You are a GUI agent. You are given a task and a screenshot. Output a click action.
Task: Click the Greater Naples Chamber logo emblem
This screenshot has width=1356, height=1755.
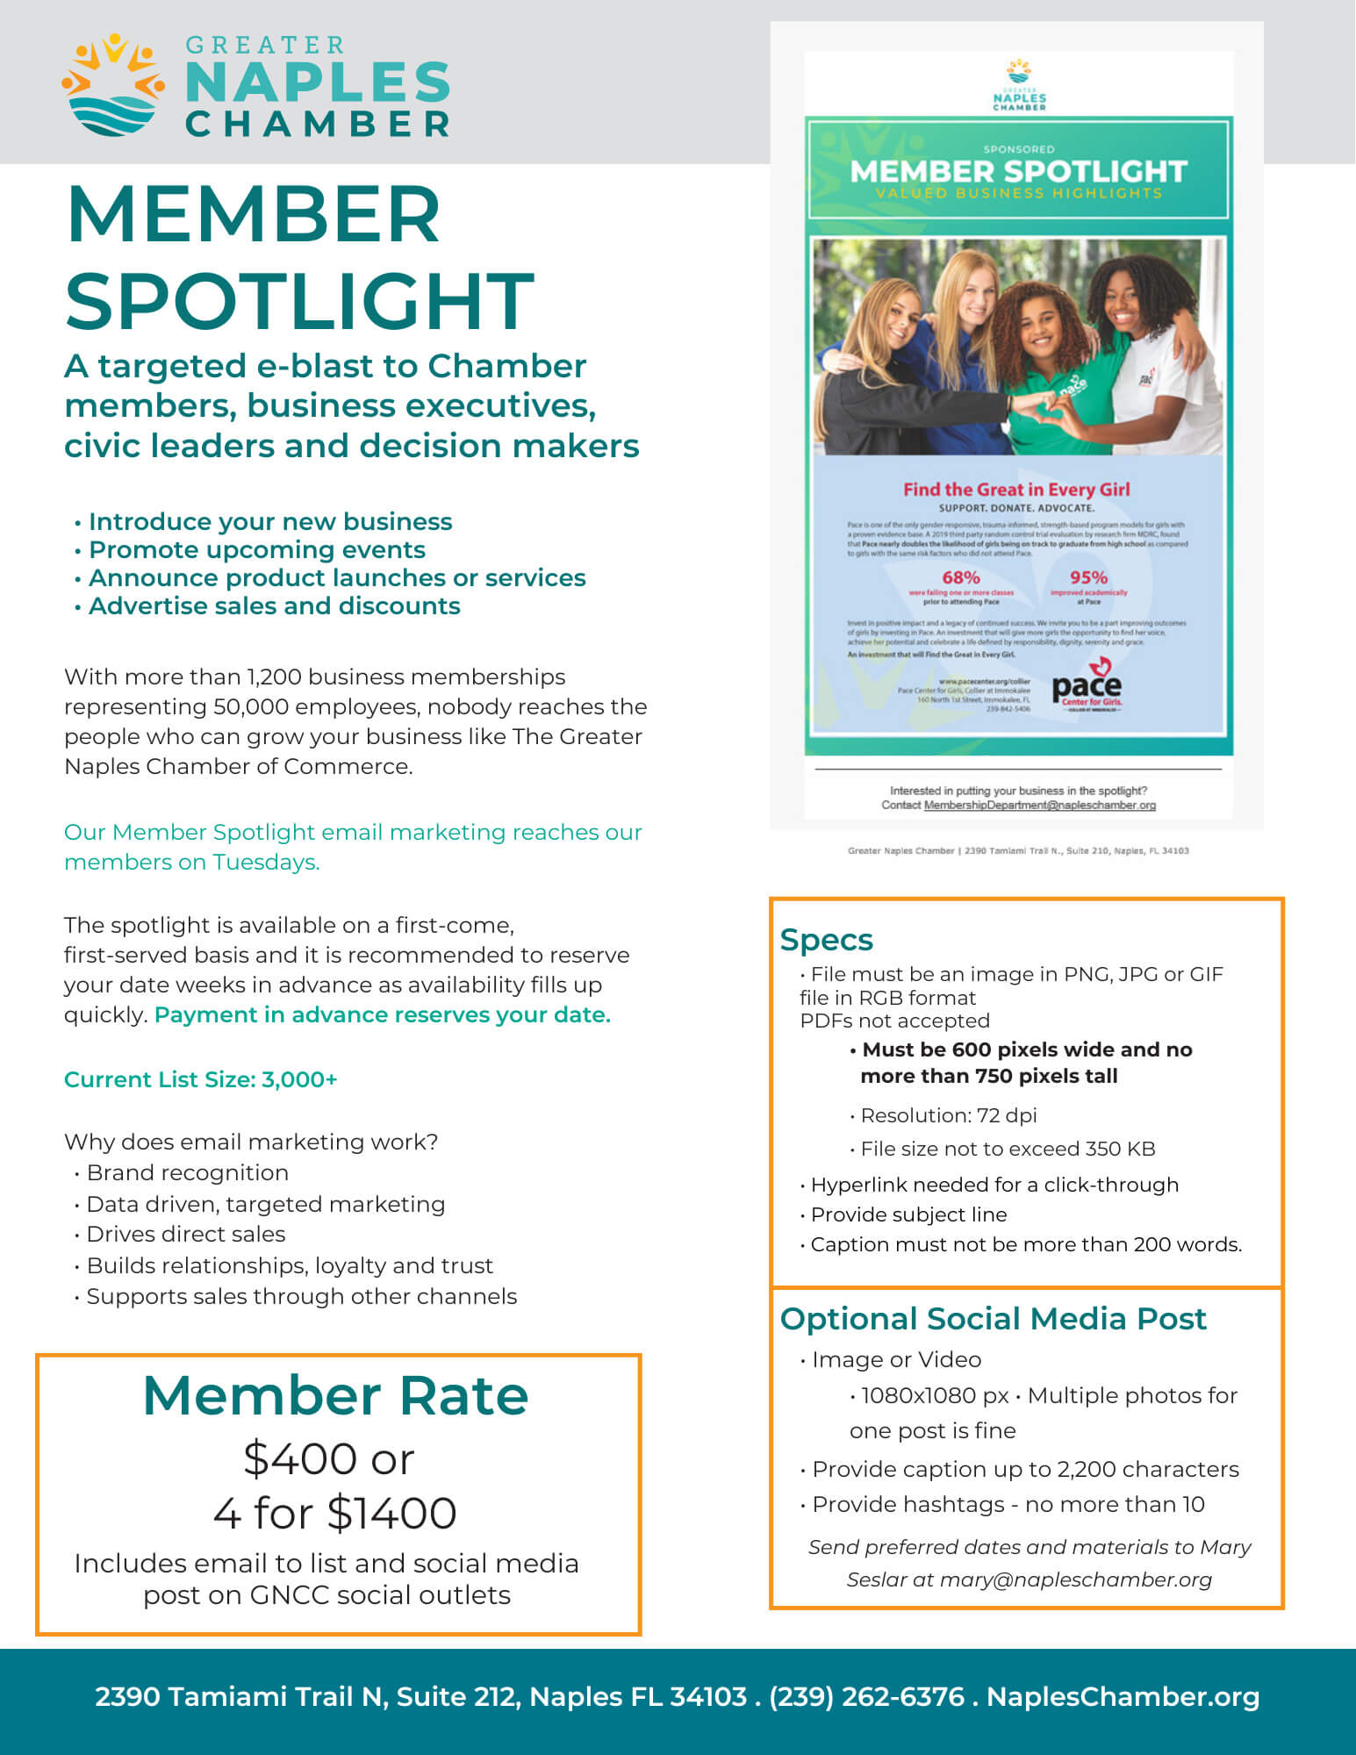point(113,85)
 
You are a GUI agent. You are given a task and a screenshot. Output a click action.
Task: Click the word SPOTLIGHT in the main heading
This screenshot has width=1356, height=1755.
point(299,301)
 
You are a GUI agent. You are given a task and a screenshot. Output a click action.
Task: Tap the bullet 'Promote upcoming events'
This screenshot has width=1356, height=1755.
point(256,550)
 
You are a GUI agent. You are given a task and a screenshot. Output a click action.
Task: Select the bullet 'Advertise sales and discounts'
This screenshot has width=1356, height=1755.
point(274,606)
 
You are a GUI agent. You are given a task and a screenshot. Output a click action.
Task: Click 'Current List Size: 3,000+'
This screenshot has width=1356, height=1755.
point(200,1079)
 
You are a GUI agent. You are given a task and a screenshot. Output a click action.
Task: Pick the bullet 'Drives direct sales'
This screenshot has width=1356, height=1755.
point(185,1235)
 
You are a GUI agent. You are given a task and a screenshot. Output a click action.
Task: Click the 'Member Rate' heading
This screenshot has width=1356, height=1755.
point(335,1395)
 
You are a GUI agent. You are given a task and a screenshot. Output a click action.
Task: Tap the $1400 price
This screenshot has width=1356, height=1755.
point(391,1514)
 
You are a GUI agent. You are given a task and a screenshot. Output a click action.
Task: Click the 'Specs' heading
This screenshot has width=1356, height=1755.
point(826,940)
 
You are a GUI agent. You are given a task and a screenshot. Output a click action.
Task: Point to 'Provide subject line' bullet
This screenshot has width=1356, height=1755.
point(908,1214)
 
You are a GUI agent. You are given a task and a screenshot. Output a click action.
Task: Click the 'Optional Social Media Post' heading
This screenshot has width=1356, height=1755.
point(993,1319)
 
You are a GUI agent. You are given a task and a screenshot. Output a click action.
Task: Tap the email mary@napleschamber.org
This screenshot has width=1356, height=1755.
point(1075,1580)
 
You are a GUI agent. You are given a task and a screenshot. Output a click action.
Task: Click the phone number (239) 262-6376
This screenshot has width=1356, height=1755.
point(866,1696)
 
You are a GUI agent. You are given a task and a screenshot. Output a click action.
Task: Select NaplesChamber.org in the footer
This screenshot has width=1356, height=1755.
point(1123,1696)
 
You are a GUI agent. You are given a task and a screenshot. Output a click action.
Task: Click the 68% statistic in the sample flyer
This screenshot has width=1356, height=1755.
point(960,577)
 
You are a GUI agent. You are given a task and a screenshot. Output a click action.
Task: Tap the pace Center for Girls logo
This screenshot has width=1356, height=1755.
point(1087,685)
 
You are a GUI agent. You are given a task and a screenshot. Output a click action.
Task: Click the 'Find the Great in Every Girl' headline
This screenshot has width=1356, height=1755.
point(1016,490)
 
